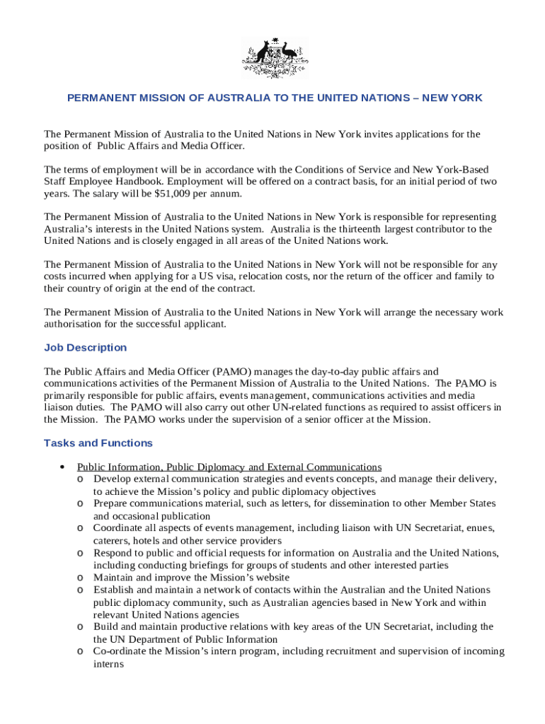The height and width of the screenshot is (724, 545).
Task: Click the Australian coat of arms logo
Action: [x=275, y=58]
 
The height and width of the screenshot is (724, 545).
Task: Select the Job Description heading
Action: [x=86, y=348]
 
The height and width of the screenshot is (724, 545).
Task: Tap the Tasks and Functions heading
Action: [x=98, y=443]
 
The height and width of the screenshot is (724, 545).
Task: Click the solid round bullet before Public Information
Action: [x=64, y=467]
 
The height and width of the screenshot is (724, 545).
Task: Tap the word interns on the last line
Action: [x=108, y=664]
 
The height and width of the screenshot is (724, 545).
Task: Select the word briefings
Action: [x=212, y=566]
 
